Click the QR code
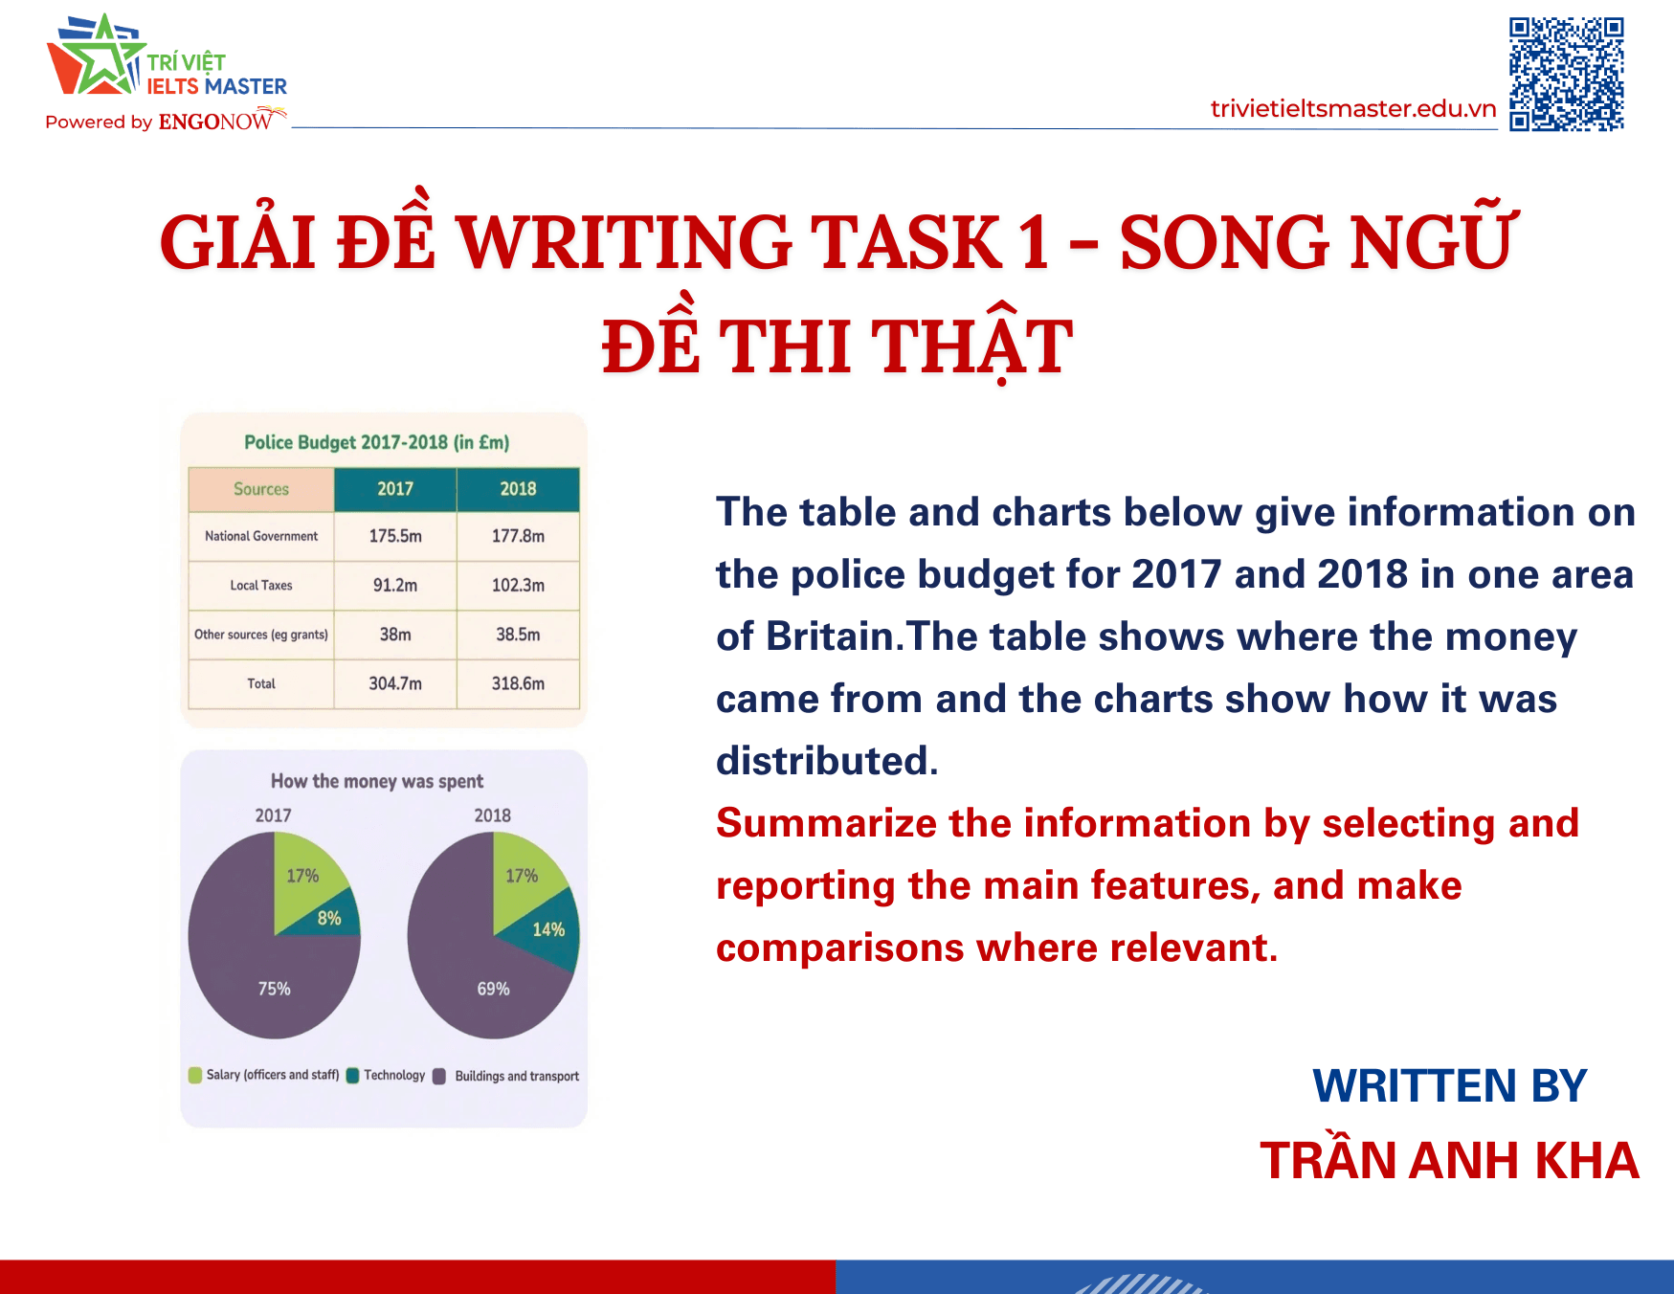pyautogui.click(x=1566, y=74)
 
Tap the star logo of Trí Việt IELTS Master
pyautogui.click(x=97, y=57)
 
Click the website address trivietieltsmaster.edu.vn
pyautogui.click(x=1352, y=109)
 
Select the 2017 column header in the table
pyautogui.click(x=395, y=489)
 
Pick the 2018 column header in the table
pyautogui.click(x=518, y=489)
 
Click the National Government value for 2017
pyautogui.click(x=395, y=536)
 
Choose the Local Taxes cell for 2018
pyautogui.click(x=518, y=585)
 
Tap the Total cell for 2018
pyautogui.click(x=518, y=683)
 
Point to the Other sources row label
pyautogui.click(x=261, y=635)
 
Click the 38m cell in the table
pyautogui.click(x=395, y=635)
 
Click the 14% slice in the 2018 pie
pyautogui.click(x=550, y=928)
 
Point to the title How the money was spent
pyautogui.click(x=377, y=781)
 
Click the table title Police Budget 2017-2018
pyautogui.click(x=376, y=442)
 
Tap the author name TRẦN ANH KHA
pyautogui.click(x=1449, y=1161)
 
